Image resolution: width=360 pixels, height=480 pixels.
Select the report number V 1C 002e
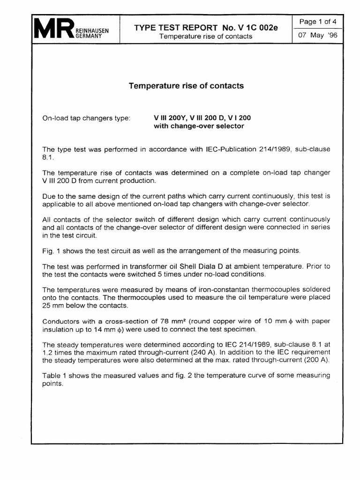(255, 27)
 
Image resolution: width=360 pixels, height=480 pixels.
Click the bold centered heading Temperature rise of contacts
(186, 86)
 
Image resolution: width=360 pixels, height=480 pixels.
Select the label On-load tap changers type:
(86, 118)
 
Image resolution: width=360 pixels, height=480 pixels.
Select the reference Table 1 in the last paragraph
(54, 375)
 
